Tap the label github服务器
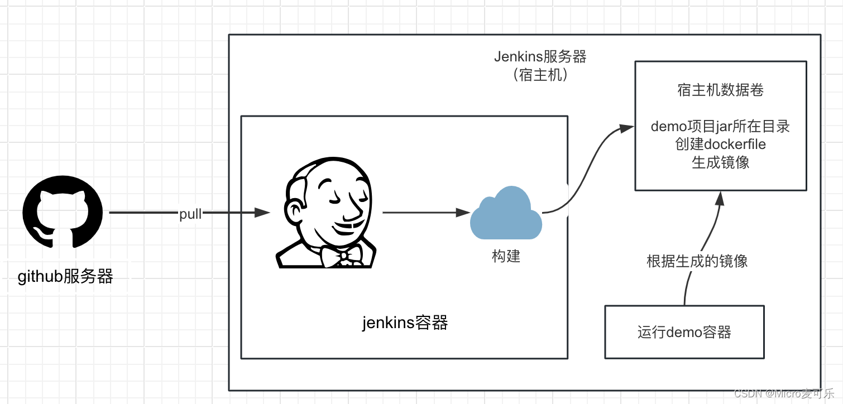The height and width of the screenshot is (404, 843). point(65,276)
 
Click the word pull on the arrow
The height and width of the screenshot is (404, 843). point(190,214)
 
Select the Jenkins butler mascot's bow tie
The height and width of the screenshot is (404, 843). point(342,255)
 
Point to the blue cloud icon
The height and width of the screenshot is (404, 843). point(506,213)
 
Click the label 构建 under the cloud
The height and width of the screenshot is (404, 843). point(506,256)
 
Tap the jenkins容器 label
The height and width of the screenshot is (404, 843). point(405,323)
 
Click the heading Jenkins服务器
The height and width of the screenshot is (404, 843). point(540,57)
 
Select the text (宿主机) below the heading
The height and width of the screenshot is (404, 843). point(540,75)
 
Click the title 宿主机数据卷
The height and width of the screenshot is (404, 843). point(720,90)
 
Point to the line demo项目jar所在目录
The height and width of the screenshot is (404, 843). point(720,127)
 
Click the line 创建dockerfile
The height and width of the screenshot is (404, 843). point(720,145)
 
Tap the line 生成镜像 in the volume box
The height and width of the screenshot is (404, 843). point(720,162)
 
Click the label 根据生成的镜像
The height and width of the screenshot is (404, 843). point(697,261)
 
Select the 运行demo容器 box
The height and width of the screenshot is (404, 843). point(684,332)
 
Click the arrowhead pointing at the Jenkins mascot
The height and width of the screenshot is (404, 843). point(264,213)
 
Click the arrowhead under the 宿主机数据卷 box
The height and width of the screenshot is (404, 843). point(720,196)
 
